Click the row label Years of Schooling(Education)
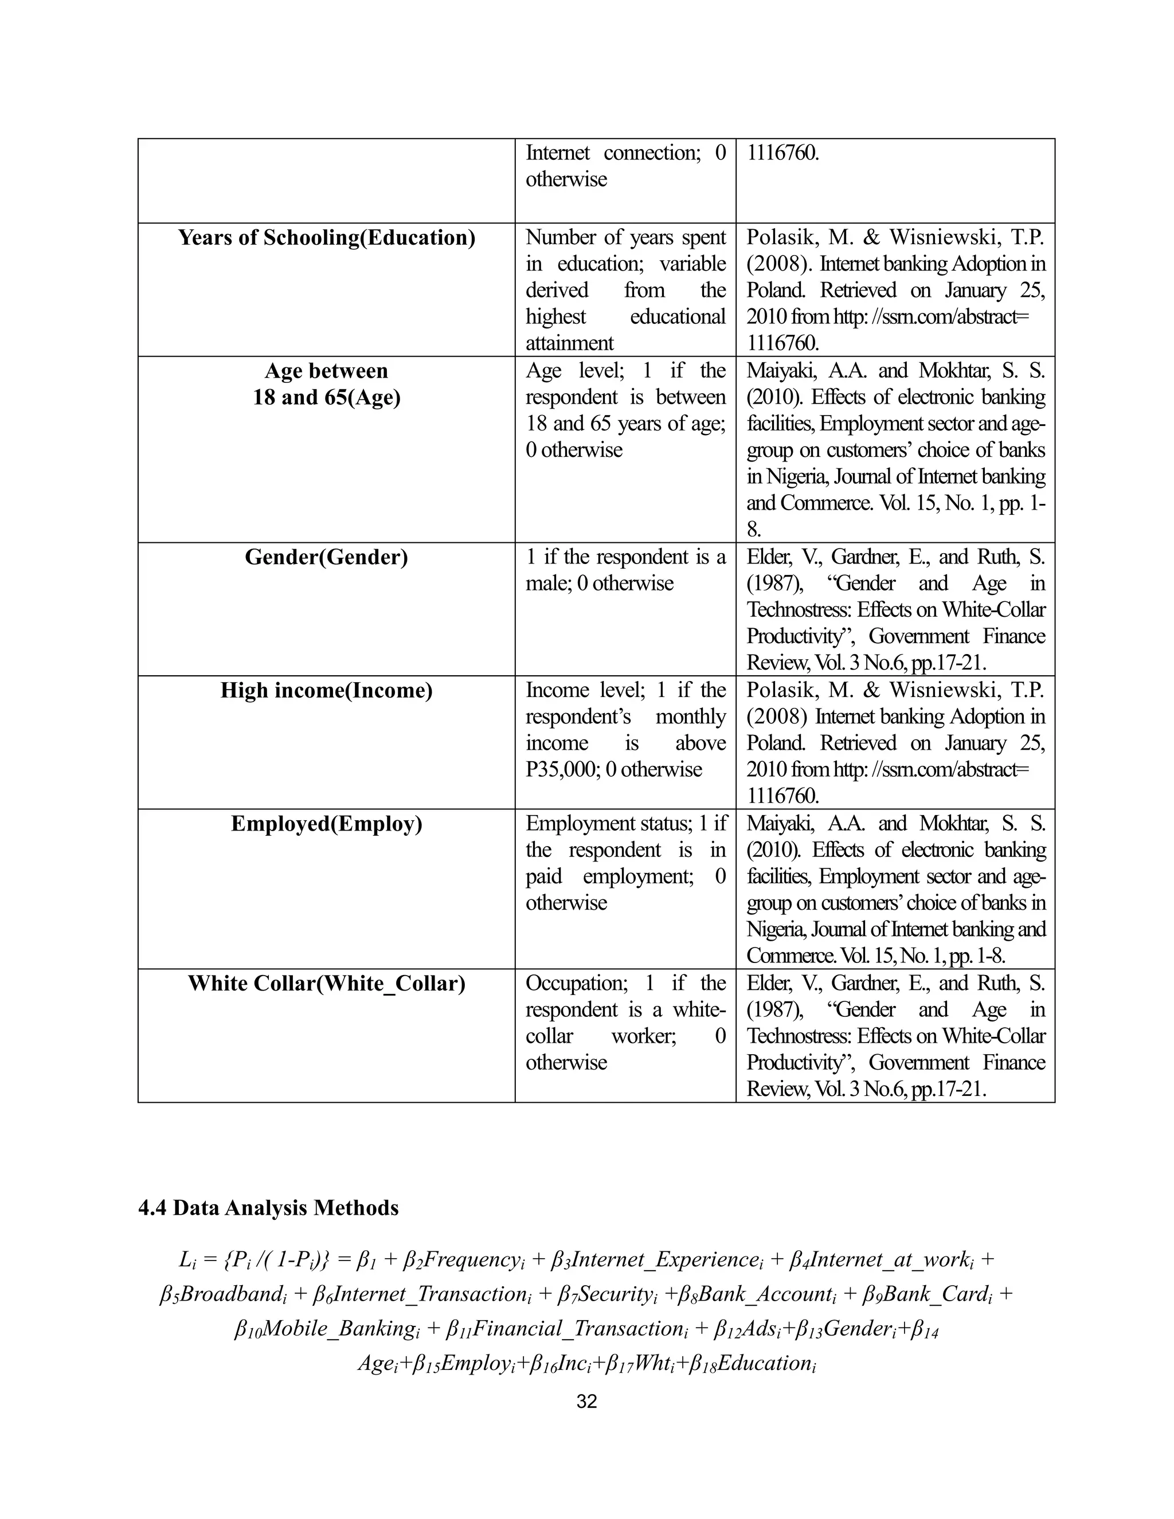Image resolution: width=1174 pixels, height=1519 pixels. pyautogui.click(x=326, y=238)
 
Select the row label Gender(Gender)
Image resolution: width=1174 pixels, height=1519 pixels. pyautogui.click(x=326, y=557)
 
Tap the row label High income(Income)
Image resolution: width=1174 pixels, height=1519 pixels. pyautogui.click(x=326, y=691)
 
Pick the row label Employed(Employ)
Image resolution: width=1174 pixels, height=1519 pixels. pyautogui.click(x=326, y=824)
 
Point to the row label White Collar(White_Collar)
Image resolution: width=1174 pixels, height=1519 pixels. pyautogui.click(x=326, y=984)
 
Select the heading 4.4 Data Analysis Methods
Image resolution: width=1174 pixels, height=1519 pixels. pyautogui.click(x=268, y=1207)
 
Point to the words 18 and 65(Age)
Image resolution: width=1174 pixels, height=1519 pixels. pyautogui.click(x=326, y=398)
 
